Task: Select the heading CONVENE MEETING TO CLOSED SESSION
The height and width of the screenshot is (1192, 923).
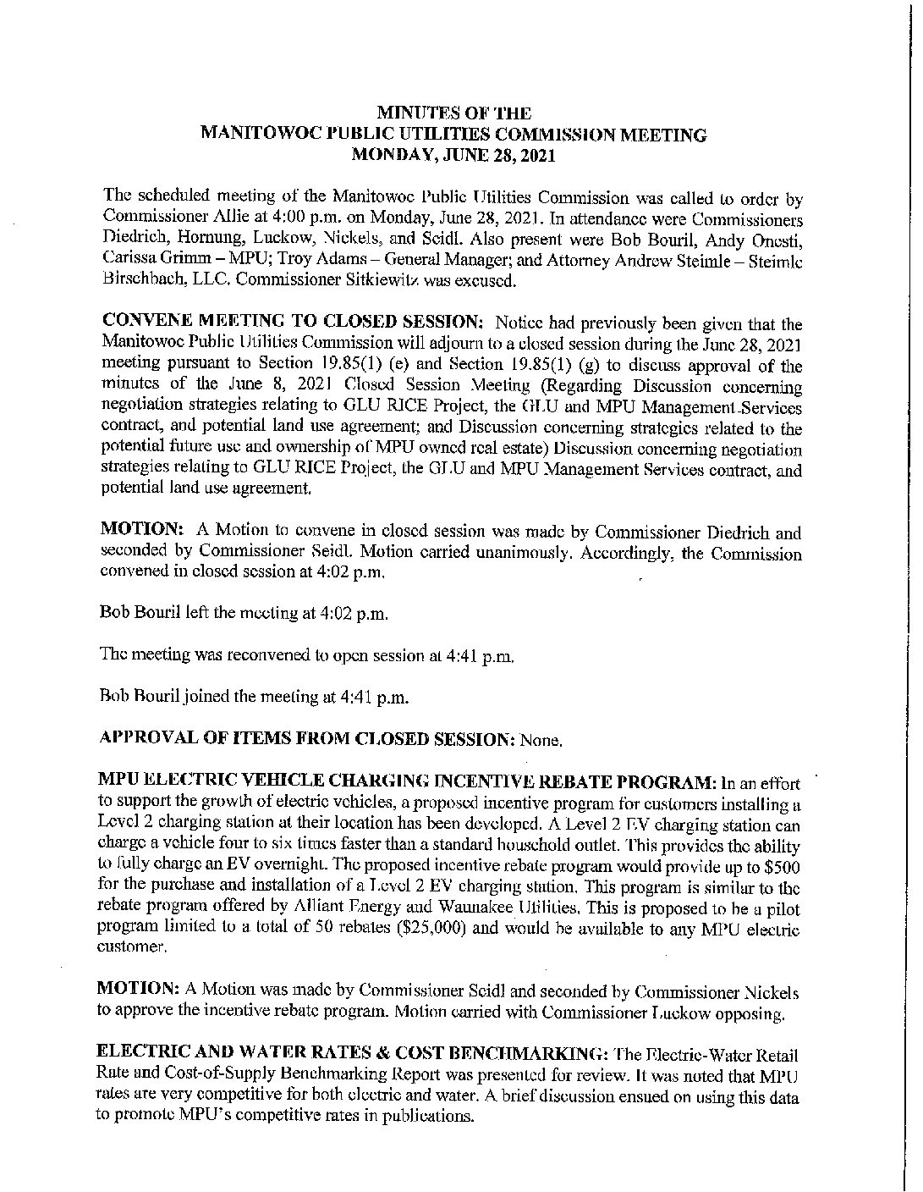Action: (293, 323)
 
